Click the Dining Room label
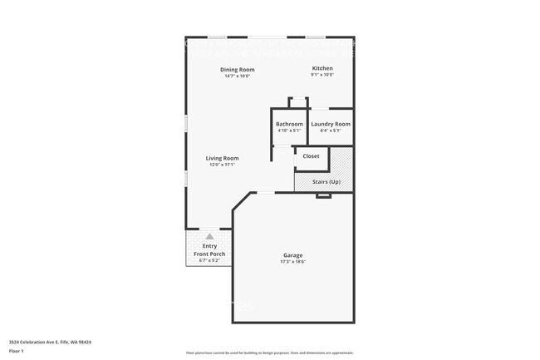(237, 69)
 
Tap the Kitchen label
(322, 68)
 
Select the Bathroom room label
(290, 124)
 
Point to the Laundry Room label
(331, 124)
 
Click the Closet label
(311, 156)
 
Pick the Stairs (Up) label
(326, 181)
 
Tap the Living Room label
(223, 158)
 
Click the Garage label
(292, 255)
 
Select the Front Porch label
(209, 254)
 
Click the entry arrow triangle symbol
(209, 237)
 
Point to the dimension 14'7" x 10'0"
(237, 76)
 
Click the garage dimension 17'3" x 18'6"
(292, 262)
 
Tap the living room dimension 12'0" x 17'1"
(223, 165)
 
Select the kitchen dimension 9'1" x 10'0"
(322, 75)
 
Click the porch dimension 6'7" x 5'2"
(209, 260)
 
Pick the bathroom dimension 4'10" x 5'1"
(290, 131)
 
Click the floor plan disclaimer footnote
(270, 353)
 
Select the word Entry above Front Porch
(209, 246)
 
